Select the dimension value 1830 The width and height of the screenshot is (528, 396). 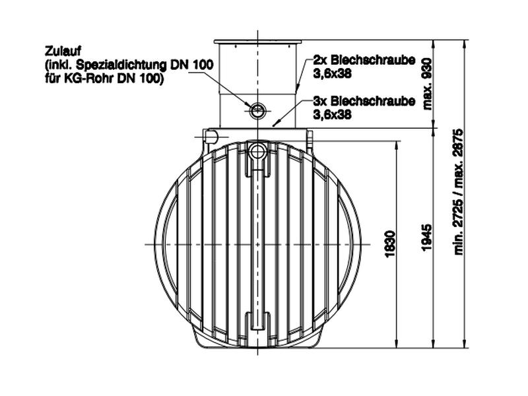[390, 244]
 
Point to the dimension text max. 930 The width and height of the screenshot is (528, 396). [428, 83]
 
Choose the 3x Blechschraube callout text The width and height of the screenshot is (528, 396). [364, 102]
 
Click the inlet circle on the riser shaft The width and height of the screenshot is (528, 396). [257, 108]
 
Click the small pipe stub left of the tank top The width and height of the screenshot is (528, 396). [211, 137]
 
